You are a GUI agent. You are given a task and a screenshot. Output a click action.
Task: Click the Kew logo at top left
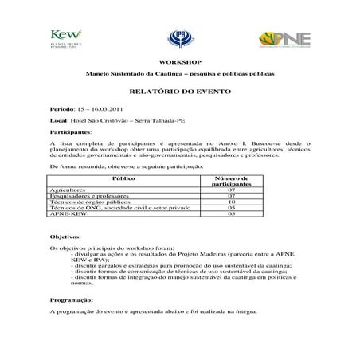point(63,37)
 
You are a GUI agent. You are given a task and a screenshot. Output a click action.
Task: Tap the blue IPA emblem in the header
point(178,37)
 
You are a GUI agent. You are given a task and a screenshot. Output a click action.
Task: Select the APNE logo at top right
point(284,38)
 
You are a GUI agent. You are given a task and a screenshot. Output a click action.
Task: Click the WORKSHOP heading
point(180,61)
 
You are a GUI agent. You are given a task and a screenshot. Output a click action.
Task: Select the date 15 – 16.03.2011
point(104,107)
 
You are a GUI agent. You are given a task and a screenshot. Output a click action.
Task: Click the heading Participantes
point(70,131)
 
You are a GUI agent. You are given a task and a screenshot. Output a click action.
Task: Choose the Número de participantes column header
point(232,182)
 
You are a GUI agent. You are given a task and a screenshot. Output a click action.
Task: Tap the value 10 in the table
point(232,203)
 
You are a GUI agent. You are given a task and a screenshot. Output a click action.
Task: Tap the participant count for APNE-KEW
point(232,215)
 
